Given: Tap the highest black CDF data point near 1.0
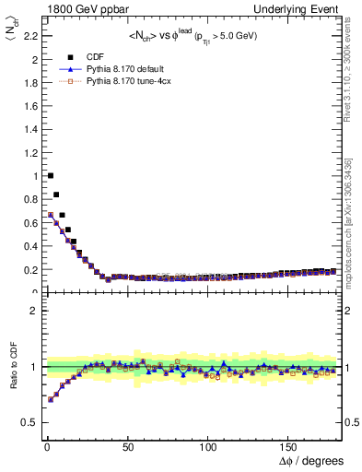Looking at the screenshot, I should point(50,175).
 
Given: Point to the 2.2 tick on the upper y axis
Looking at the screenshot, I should point(29,36).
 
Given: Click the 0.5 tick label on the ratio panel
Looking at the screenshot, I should point(29,422).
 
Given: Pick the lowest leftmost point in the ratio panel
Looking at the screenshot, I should point(50,400).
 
